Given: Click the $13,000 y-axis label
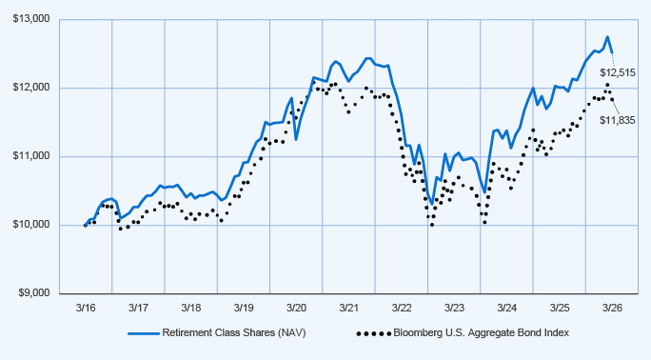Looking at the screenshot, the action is tap(31, 19).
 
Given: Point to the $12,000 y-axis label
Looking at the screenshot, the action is tap(31, 88).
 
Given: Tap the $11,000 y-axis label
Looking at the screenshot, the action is tap(31, 156).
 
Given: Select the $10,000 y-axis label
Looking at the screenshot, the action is tap(31, 225).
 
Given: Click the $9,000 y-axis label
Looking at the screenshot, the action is tap(34, 293).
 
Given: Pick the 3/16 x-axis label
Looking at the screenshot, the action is tap(86, 308).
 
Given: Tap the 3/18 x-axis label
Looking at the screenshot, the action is tap(191, 308).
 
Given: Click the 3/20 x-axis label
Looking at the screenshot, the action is tap(296, 308).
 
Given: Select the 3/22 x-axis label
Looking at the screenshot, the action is tap(402, 308).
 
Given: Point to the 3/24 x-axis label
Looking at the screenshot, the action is tap(507, 308).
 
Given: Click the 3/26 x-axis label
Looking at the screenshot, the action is tap(612, 308).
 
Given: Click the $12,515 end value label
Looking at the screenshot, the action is tap(618, 73).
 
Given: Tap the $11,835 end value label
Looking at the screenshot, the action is tap(618, 121).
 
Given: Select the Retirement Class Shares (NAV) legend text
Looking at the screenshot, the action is tap(234, 333).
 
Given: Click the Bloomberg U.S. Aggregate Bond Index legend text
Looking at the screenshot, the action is tap(482, 333).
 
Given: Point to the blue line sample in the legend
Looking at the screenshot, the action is tap(144, 333).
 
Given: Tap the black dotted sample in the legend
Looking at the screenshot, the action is tap(374, 333).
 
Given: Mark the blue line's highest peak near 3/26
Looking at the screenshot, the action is tap(607, 36).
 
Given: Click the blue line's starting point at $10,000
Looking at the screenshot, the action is tap(85, 225).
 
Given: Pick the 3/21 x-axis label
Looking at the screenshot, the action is tap(348, 308).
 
